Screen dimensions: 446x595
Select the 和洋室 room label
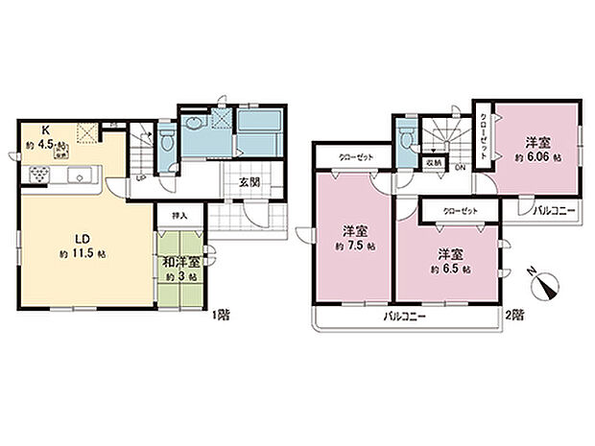pyautogui.click(x=179, y=261)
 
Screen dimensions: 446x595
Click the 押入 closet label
pyautogui.click(x=178, y=217)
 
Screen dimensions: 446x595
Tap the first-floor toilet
pyautogui.click(x=167, y=143)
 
